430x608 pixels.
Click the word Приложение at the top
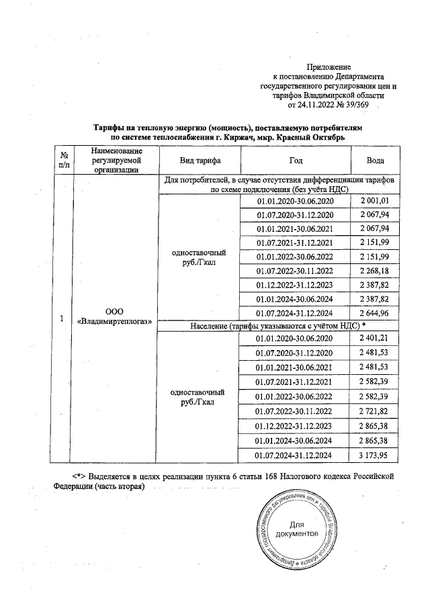pyautogui.click(x=329, y=67)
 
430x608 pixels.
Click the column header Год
pyautogui.click(x=295, y=162)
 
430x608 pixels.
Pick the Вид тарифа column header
pyautogui.click(x=200, y=162)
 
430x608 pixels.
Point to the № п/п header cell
pyautogui.click(x=63, y=162)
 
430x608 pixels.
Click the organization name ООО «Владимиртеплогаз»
pyautogui.click(x=114, y=316)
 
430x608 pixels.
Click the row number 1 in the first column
pyautogui.click(x=62, y=319)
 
